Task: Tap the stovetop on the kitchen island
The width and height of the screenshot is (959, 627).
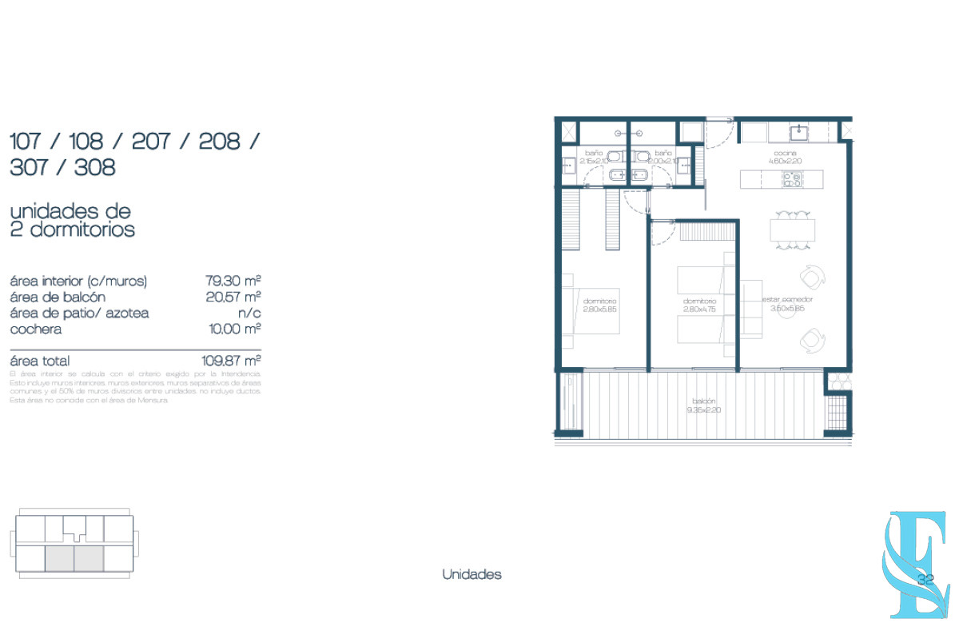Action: (x=791, y=179)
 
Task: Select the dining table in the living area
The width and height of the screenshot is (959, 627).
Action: (x=792, y=230)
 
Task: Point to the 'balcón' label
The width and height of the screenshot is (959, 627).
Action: (x=704, y=401)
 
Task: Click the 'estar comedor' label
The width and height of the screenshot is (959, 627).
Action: (x=787, y=300)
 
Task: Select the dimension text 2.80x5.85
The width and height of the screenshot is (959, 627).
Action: (x=599, y=310)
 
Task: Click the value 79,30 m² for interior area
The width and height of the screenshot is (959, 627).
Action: (x=234, y=281)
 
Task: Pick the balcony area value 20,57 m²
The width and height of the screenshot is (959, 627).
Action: (x=234, y=297)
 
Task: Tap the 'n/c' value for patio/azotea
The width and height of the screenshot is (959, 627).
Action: (x=250, y=313)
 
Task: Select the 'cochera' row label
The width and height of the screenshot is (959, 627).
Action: (x=36, y=329)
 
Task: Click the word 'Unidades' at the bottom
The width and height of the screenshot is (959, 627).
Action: (x=472, y=574)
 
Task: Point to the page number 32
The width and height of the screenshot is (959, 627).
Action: (x=926, y=580)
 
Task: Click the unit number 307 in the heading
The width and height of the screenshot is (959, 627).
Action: (x=30, y=167)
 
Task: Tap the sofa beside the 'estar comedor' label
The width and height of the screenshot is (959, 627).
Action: (x=751, y=308)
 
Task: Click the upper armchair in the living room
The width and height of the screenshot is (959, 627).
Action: (x=811, y=277)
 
